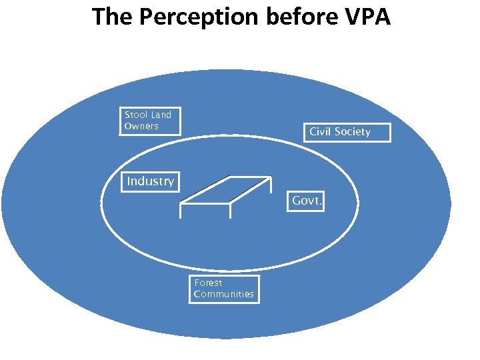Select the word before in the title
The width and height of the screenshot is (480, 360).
[x=295, y=16]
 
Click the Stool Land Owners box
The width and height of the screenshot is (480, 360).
[x=149, y=121]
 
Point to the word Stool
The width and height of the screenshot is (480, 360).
[x=136, y=115]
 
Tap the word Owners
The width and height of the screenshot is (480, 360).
[x=141, y=126]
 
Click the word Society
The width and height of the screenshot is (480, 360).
[x=353, y=132]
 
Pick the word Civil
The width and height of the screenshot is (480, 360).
[x=321, y=132]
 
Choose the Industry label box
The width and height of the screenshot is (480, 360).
[x=150, y=181]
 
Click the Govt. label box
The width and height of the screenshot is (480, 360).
[x=307, y=201]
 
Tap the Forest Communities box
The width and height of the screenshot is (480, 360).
[x=223, y=289]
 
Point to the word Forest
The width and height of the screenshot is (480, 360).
[x=208, y=283]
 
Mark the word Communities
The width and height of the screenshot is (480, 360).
[x=223, y=294]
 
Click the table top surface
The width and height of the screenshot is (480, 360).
[x=227, y=190]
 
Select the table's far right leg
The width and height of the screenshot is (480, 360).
[x=271, y=186]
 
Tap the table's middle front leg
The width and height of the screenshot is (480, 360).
[x=230, y=211]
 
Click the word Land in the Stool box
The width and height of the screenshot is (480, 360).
[x=161, y=115]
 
